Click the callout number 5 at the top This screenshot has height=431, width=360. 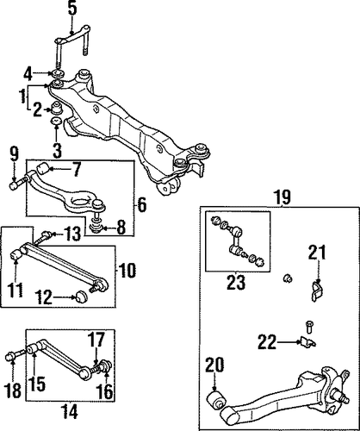click(x=72, y=9)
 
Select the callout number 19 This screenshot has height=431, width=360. click(x=282, y=197)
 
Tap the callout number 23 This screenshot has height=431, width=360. click(x=236, y=282)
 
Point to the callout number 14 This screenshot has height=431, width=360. click(x=69, y=411)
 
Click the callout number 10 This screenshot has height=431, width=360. click(x=127, y=270)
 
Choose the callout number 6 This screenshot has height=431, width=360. click(x=141, y=205)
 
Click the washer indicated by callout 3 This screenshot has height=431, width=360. click(x=56, y=121)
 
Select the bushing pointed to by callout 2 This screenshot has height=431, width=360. click(x=57, y=107)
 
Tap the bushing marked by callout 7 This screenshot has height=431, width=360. click(x=42, y=168)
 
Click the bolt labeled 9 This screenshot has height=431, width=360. click(x=19, y=184)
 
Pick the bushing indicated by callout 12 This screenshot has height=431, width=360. click(x=81, y=296)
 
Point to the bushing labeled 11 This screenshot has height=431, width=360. click(x=16, y=254)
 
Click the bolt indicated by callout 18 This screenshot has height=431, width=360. click(x=16, y=355)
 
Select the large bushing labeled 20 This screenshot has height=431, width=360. click(x=214, y=398)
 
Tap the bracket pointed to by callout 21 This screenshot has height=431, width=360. click(x=317, y=291)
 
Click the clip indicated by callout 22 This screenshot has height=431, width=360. click(x=307, y=342)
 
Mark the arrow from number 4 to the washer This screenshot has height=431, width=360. click(x=44, y=73)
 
